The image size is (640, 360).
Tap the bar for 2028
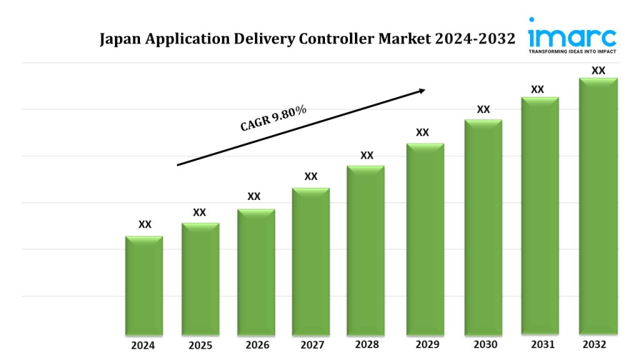366,249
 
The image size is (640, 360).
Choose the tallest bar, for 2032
598,206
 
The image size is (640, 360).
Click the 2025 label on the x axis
201,346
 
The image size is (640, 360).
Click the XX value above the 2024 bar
144,224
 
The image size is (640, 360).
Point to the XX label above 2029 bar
422,132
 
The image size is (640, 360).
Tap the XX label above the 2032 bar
598,71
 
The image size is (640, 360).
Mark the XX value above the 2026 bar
254,196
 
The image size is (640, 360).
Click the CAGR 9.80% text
273,118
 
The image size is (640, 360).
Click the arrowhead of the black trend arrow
421,91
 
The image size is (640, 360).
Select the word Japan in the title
122,40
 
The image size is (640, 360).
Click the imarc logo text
572,36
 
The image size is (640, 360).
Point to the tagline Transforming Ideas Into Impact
572,52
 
